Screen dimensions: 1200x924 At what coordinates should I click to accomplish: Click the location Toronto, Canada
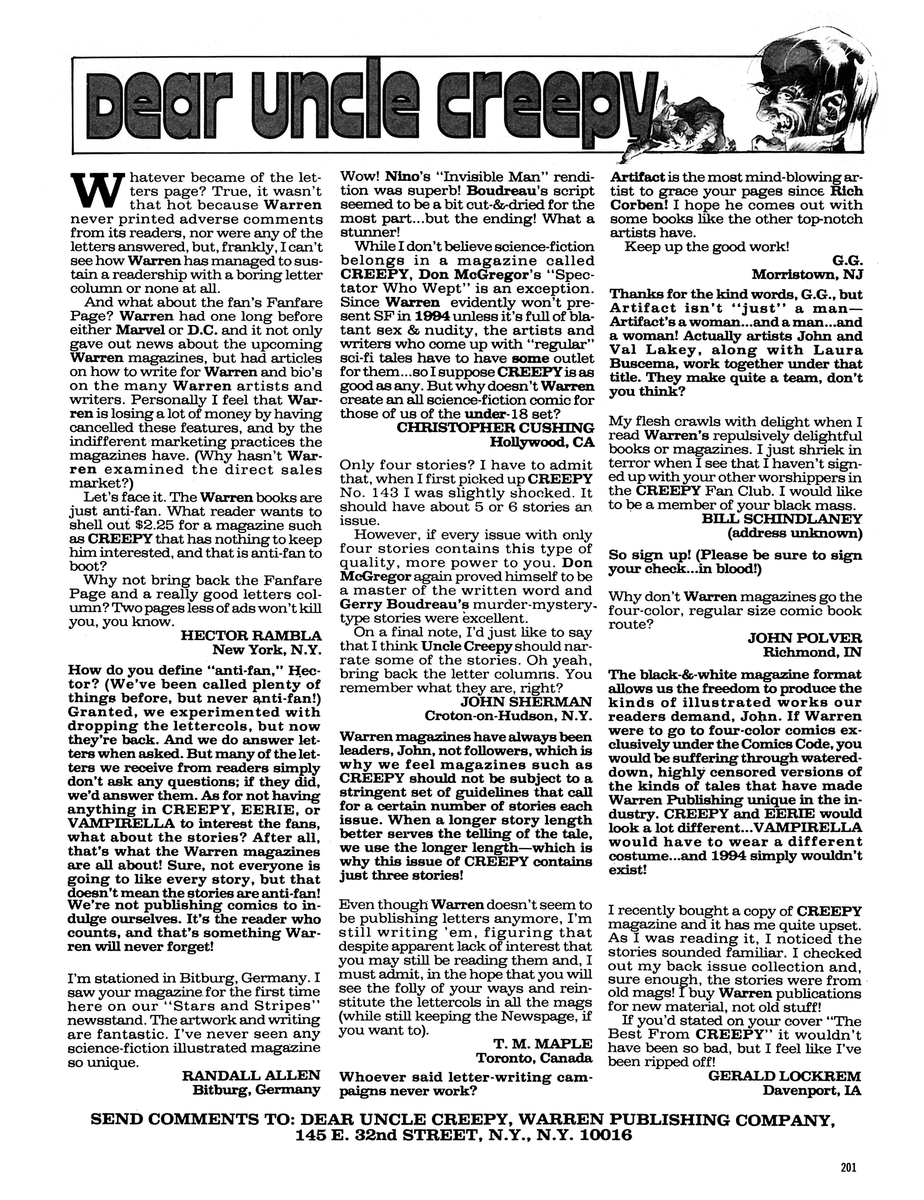(x=534, y=1058)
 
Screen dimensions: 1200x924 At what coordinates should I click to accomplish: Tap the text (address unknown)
(x=795, y=533)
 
